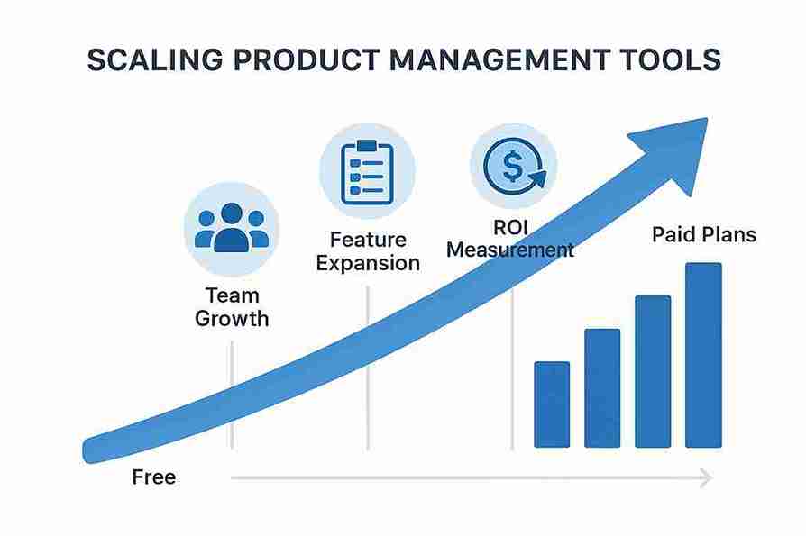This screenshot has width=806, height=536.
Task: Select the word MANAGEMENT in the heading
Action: point(476,59)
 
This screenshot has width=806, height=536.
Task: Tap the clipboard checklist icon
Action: point(367,170)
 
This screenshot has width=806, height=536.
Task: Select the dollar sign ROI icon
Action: point(513,166)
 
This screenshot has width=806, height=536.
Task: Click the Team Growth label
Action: point(232,306)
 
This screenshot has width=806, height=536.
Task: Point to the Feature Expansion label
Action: point(367,251)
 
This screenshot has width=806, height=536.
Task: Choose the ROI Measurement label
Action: point(510,239)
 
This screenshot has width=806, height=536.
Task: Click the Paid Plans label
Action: point(704,236)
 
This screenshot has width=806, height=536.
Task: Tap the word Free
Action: point(153,477)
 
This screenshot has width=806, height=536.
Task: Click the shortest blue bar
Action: point(552,404)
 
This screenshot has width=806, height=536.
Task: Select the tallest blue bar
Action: point(703,355)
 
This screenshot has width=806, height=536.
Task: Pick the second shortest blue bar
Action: point(602,388)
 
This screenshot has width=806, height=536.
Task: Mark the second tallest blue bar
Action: point(653,371)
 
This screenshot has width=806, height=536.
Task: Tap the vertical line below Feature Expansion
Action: point(367,378)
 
